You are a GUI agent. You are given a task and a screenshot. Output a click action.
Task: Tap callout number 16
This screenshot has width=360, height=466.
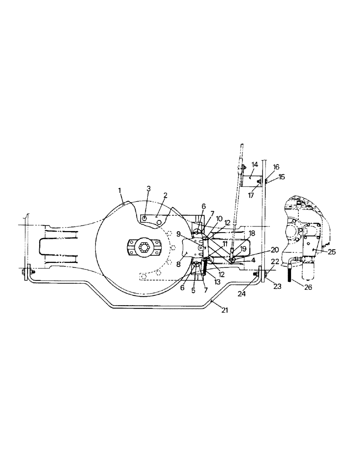[x=277, y=166]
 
